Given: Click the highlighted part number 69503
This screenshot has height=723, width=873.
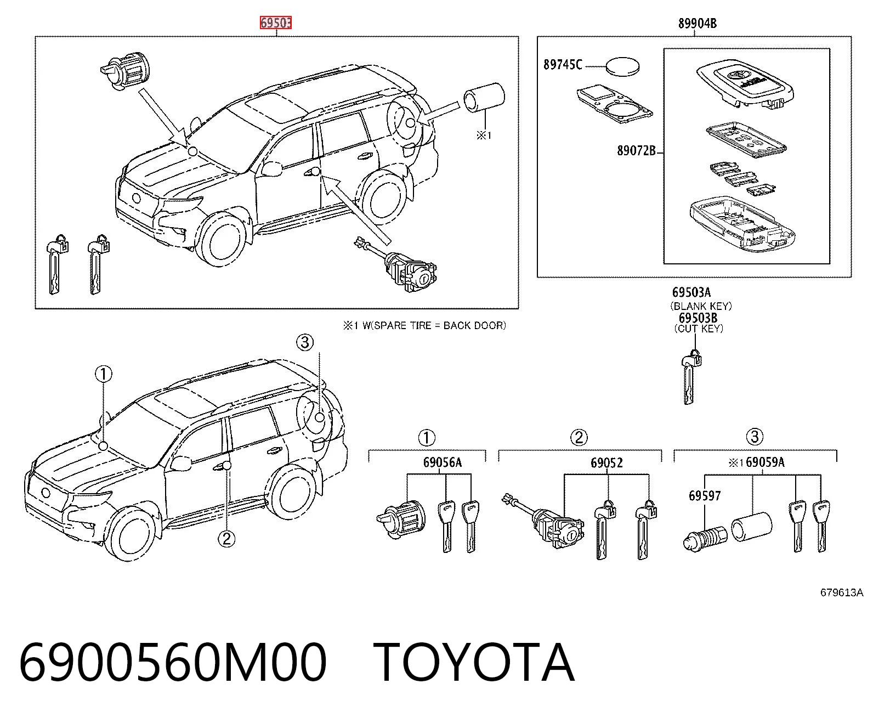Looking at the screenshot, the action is click(275, 22).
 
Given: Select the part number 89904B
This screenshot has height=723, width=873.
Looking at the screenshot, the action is click(697, 24).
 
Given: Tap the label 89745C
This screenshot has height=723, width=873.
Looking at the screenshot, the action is click(562, 64).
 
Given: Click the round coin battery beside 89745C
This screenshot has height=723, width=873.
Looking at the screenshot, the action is click(622, 66).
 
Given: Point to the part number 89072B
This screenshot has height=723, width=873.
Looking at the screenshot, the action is click(636, 150).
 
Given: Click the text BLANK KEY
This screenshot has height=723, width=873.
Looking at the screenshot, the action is click(701, 306).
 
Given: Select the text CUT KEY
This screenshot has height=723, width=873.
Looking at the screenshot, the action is click(699, 329).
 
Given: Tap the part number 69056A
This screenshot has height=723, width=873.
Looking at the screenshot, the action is click(443, 462).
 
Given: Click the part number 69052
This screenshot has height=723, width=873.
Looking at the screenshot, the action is click(606, 462).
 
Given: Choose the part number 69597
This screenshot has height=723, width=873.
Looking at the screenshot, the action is click(705, 496).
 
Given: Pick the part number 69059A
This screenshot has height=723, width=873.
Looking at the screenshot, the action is click(765, 462).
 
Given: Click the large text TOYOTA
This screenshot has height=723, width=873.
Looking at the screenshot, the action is click(474, 663).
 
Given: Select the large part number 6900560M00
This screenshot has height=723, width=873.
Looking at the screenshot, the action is click(172, 663).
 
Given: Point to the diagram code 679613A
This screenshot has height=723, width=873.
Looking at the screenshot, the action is click(841, 592).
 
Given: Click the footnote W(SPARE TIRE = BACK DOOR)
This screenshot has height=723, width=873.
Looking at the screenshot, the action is click(434, 325).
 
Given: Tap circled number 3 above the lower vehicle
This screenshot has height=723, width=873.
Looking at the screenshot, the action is click(305, 342).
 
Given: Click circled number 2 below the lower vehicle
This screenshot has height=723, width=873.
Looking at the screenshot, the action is click(226, 539).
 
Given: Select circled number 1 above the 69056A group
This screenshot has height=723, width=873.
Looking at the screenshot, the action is click(427, 438).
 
